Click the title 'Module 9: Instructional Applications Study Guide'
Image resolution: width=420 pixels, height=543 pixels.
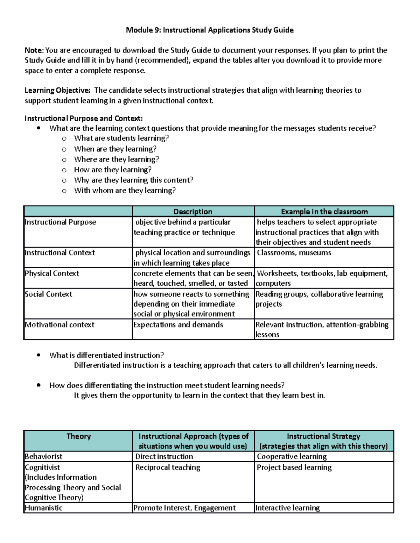(x=210, y=30)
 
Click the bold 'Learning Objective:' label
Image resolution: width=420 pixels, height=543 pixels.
(x=57, y=90)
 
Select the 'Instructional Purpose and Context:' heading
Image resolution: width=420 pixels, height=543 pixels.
(x=84, y=118)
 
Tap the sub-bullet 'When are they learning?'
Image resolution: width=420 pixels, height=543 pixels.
(x=115, y=149)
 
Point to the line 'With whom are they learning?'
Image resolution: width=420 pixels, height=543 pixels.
(x=125, y=191)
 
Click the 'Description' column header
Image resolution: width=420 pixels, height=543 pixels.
(x=193, y=212)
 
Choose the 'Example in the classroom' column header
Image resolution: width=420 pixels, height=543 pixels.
(x=324, y=212)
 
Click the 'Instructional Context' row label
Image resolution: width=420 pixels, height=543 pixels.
(x=60, y=253)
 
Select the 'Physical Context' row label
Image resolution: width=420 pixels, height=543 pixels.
(x=52, y=273)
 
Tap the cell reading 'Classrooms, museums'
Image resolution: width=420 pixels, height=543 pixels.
(x=294, y=253)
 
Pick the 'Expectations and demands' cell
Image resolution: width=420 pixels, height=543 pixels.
(x=178, y=325)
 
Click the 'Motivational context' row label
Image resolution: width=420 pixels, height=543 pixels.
(x=59, y=325)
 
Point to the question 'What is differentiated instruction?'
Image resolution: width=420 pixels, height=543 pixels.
(x=106, y=355)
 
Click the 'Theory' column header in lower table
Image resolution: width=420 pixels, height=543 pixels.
(x=78, y=436)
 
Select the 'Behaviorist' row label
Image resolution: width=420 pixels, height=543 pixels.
(x=43, y=457)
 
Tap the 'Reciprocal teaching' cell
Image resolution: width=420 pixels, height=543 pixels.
(x=168, y=467)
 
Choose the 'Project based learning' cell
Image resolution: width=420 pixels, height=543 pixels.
(x=294, y=467)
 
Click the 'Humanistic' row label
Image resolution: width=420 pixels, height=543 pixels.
(x=43, y=508)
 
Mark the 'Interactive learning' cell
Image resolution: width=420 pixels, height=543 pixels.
(x=288, y=508)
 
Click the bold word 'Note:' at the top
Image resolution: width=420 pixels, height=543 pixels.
(x=34, y=50)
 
